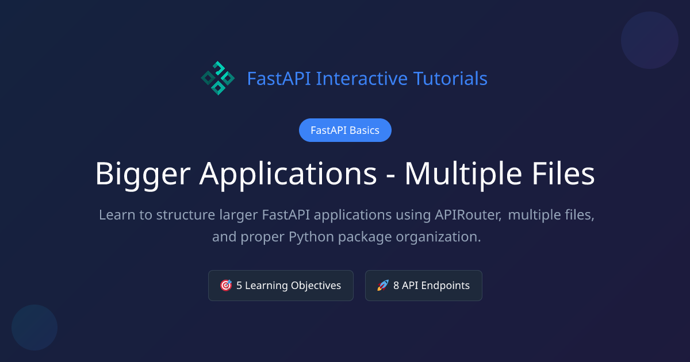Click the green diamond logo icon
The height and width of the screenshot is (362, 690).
(217, 78)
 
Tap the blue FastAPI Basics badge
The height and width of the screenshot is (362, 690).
(345, 130)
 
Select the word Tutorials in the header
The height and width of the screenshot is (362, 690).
(451, 78)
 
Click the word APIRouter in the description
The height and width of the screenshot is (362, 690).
(466, 215)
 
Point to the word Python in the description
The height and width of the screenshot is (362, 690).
(310, 237)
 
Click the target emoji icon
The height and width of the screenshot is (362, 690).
(226, 286)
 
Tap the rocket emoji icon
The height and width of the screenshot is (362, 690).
(383, 286)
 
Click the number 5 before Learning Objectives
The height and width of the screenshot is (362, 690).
(239, 286)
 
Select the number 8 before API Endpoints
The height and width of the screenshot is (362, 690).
(396, 286)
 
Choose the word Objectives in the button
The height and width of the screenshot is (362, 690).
(316, 286)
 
